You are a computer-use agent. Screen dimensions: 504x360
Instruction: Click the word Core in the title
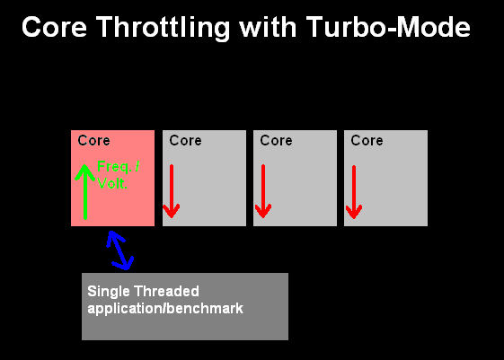click(x=54, y=27)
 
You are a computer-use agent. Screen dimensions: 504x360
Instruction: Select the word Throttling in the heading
click(x=163, y=28)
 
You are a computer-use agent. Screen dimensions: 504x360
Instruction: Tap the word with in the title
click(x=268, y=27)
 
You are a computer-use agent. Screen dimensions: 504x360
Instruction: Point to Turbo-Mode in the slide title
click(x=388, y=27)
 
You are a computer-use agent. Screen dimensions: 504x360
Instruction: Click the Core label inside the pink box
click(x=93, y=140)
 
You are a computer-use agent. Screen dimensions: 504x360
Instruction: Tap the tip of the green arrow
click(x=84, y=165)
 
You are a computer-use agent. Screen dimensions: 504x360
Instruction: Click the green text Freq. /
click(x=119, y=167)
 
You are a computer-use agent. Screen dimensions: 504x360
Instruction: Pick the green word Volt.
click(x=112, y=183)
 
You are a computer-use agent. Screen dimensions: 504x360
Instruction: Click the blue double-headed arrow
click(x=119, y=250)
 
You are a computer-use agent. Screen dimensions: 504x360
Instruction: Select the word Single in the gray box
click(x=103, y=292)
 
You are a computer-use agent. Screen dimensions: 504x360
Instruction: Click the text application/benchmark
click(x=165, y=309)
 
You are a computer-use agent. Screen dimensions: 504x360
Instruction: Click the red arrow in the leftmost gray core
click(x=172, y=191)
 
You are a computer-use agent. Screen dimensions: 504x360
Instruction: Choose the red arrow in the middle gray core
click(x=263, y=191)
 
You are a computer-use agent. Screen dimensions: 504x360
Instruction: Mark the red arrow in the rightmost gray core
click(x=354, y=192)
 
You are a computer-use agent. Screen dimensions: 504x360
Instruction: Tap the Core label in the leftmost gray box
click(x=185, y=140)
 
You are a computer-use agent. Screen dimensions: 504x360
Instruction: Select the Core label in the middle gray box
click(x=276, y=140)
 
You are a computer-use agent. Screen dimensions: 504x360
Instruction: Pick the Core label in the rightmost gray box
click(x=367, y=140)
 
